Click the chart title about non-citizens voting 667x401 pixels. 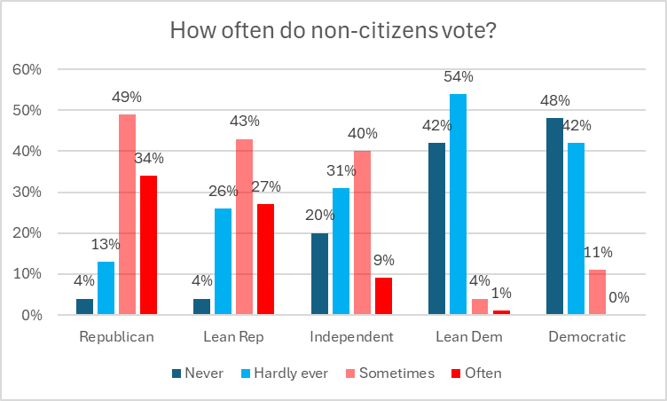(333, 30)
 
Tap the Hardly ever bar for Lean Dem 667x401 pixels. (457, 204)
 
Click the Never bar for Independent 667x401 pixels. (318, 273)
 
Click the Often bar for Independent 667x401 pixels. (382, 296)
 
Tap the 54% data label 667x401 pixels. (459, 76)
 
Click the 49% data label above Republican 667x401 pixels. (128, 98)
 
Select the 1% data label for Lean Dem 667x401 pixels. (502, 295)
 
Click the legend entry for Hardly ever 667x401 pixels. (284, 373)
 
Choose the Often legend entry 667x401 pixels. (479, 373)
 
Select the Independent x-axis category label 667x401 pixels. (351, 337)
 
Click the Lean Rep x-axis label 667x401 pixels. (234, 337)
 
